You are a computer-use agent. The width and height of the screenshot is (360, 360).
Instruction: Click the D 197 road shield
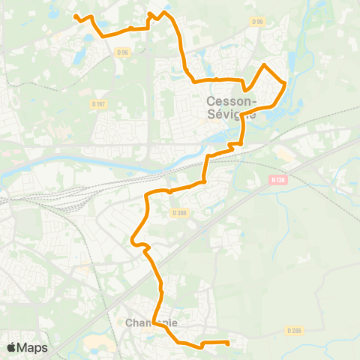pyautogui.click(x=97, y=103)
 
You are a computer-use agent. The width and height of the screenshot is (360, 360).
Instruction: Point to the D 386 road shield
pyautogui.click(x=179, y=213)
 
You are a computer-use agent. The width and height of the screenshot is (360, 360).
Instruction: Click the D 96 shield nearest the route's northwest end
pyautogui.click(x=123, y=52)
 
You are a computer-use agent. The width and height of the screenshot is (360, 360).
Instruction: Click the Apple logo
pyautogui.click(x=11, y=347)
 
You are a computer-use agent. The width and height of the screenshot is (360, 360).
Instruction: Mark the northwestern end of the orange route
pyautogui.click(x=75, y=15)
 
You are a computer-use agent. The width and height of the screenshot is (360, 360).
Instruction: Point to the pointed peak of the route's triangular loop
pyautogui.click(x=263, y=66)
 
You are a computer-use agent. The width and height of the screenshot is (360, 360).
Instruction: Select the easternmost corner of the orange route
pyautogui.click(x=285, y=83)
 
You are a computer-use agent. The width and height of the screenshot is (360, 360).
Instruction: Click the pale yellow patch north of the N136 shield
pyautogui.click(x=286, y=154)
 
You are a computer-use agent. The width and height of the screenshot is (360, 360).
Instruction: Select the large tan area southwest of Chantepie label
pyautogui.click(x=98, y=344)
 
